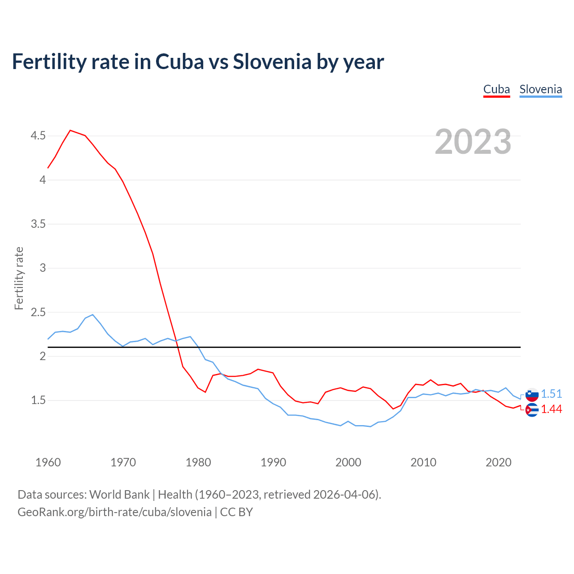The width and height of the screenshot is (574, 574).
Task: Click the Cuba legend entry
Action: point(496,89)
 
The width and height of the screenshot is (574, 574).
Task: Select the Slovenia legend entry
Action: point(540,89)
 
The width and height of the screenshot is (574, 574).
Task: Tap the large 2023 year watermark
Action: point(473,142)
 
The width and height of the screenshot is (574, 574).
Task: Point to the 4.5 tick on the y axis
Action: point(38,135)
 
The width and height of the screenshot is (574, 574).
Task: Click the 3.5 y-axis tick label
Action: point(38,224)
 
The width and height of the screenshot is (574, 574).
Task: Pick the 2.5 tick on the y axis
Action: point(38,312)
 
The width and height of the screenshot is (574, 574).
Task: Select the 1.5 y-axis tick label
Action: point(38,400)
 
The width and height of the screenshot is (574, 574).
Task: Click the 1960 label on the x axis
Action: point(48,462)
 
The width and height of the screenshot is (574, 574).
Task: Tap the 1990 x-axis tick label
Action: point(273,462)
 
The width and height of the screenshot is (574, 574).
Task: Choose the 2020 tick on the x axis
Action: point(498,462)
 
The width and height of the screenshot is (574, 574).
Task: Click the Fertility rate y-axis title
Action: point(19,278)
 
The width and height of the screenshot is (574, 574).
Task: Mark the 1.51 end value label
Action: point(551,394)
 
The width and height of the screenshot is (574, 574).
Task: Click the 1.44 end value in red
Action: point(551,409)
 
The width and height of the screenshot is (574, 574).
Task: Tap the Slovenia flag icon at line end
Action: point(532,395)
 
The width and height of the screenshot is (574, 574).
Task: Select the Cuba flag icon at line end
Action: point(532,410)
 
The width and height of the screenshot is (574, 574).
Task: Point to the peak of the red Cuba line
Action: point(70,130)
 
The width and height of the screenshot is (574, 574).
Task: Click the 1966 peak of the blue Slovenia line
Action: point(92,314)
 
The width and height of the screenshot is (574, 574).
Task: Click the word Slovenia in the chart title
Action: point(272,61)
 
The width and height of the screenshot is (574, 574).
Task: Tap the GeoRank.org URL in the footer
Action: point(114,512)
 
